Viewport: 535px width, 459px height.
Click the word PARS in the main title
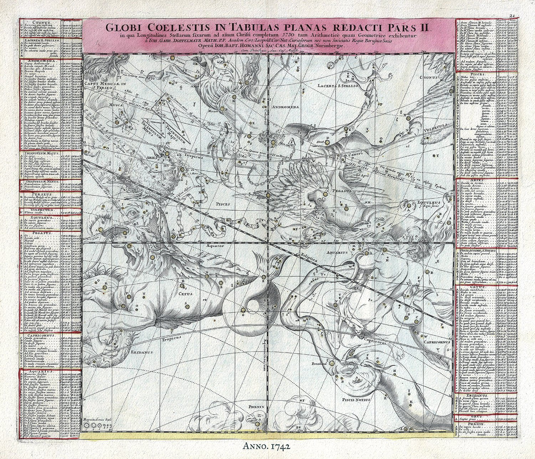point(405,26)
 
